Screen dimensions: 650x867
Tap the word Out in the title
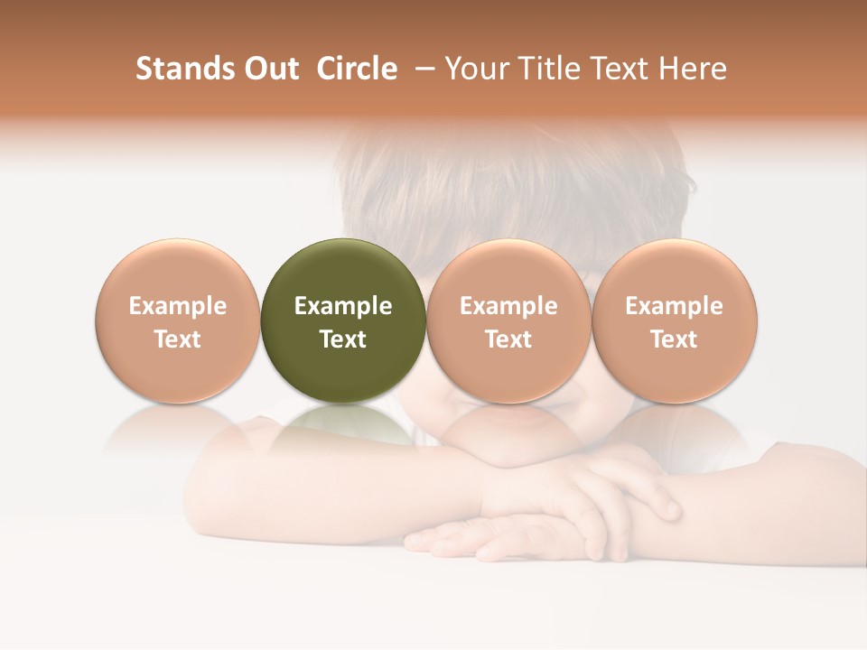click(x=270, y=69)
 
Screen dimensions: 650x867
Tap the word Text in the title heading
click(x=625, y=69)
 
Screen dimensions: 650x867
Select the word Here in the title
click(x=695, y=69)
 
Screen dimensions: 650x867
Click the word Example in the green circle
click(x=343, y=306)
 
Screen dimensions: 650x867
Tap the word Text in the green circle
click(x=343, y=339)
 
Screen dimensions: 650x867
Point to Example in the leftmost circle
click(x=178, y=306)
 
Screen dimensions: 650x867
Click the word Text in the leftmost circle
click(x=178, y=339)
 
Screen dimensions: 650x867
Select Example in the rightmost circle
click(x=675, y=306)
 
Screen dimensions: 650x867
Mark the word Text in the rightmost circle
click(x=675, y=339)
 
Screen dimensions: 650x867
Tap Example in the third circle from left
click(x=509, y=306)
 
